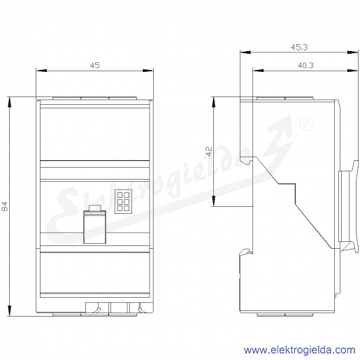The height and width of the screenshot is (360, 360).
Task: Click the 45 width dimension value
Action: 95,66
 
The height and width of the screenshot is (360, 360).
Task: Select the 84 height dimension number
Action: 5,206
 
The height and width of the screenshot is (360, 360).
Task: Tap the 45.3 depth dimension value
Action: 299,48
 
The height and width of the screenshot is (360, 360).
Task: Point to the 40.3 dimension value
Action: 305,66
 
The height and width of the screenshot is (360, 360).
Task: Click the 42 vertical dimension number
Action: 209,151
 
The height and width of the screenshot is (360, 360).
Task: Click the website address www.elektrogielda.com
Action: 299,350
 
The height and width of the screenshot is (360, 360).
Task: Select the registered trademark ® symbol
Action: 306,124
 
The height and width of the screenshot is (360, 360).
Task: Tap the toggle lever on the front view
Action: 95,227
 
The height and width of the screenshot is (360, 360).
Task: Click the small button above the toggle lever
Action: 95,208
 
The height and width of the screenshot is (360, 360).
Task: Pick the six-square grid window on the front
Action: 123,201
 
